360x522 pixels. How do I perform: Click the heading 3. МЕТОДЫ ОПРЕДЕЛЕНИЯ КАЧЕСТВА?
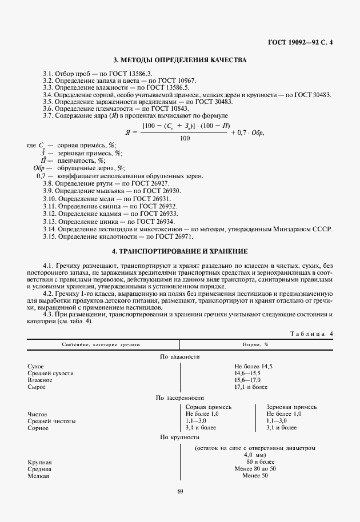pos(179,60)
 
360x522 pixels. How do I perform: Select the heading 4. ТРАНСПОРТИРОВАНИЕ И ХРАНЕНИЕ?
pos(179,251)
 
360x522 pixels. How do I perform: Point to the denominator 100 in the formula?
pos(185,138)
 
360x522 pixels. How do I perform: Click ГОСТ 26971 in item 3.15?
pos(174,236)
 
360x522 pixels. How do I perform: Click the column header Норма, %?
pos(254,345)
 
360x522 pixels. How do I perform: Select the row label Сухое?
pos(35,366)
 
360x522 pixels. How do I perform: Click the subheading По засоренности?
pos(179,397)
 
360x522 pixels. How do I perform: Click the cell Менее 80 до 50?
pos(255,468)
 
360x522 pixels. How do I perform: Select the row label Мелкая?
pos(38,476)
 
